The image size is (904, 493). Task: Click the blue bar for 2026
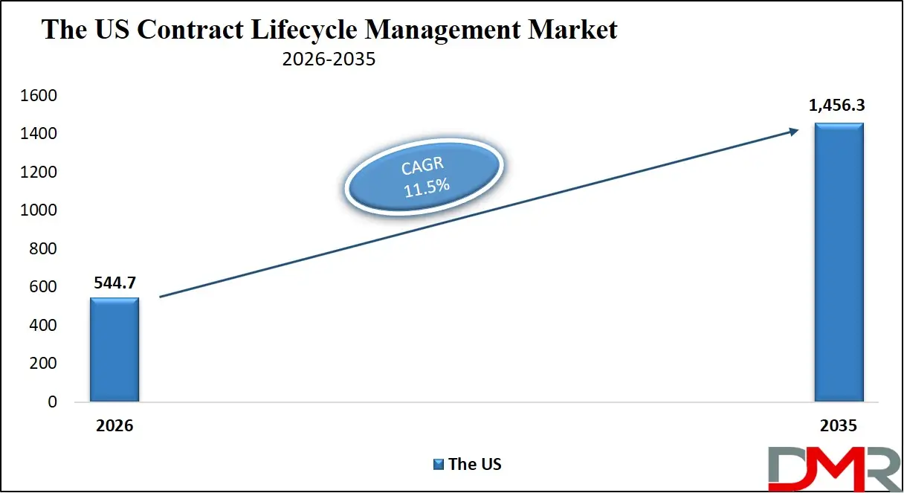[114, 349]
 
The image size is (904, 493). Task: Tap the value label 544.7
[114, 283]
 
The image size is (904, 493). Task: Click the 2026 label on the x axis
[114, 426]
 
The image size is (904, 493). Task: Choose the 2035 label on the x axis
[839, 426]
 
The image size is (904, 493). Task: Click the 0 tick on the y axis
[52, 402]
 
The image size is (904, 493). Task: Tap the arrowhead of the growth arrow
[794, 132]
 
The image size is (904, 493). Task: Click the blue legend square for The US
[438, 465]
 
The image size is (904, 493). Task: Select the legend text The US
[475, 465]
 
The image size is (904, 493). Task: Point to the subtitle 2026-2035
[329, 59]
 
